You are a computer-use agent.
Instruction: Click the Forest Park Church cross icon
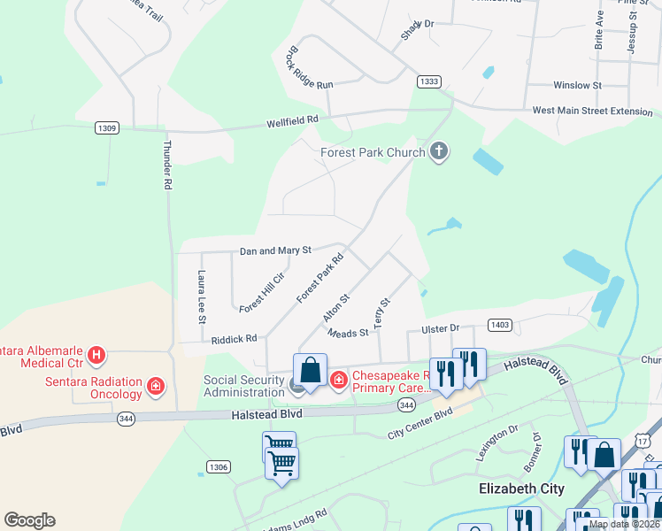pos(438,152)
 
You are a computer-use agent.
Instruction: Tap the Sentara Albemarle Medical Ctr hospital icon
pos(97,357)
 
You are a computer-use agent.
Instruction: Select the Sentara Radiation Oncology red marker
pos(156,386)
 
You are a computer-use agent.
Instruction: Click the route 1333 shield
pos(429,81)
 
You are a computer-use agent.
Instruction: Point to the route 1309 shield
pos(106,128)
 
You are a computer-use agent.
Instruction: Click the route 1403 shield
pos(500,326)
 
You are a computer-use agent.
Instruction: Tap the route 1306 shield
pos(218,466)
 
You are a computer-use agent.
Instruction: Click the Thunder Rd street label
pos(166,165)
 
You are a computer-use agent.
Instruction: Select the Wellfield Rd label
pos(292,121)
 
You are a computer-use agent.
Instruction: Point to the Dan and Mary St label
pos(275,251)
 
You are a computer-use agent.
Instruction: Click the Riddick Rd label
pos(234,339)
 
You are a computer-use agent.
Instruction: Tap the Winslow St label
pos(577,86)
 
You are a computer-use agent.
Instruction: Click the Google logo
pos(29,520)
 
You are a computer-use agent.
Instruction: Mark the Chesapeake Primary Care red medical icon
pos(338,380)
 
